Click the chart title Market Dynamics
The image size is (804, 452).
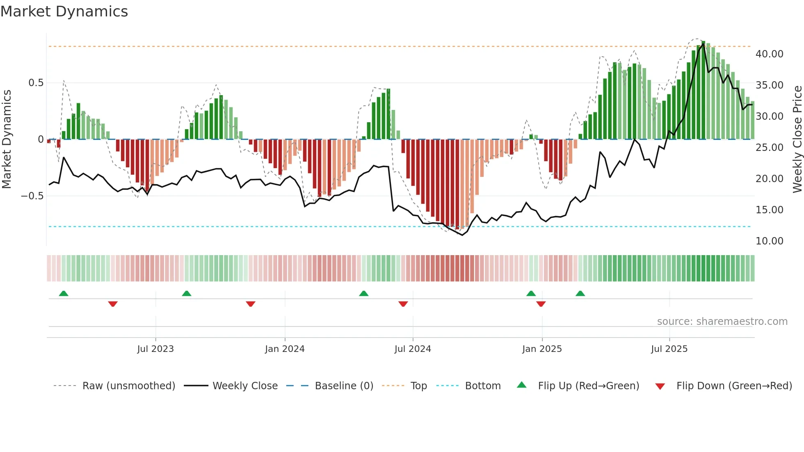64,11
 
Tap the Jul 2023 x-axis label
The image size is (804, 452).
155,349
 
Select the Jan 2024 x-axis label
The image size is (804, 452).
285,349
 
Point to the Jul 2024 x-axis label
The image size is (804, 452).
413,349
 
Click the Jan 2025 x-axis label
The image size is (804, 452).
542,349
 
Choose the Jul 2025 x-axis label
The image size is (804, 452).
669,349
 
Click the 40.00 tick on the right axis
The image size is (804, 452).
769,54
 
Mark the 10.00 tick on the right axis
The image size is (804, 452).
769,241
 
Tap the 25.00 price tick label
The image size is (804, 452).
769,148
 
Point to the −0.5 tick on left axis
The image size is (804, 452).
32,196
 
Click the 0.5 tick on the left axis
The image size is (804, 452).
36,83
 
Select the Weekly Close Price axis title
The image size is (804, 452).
797,139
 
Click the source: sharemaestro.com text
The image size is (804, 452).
722,322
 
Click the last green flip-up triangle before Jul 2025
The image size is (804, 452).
580,294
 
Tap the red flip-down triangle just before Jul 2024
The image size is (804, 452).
403,304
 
